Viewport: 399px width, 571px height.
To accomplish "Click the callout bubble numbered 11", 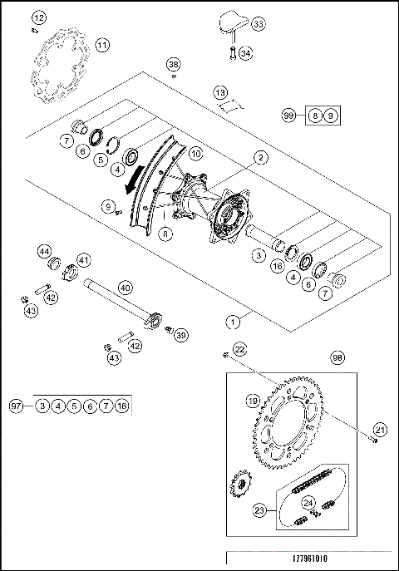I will click(x=101, y=45).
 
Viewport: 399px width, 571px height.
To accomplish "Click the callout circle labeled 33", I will click(x=259, y=26).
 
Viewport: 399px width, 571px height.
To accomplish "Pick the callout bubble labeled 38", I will click(x=173, y=64).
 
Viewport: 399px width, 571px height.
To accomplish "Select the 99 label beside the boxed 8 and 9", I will click(x=289, y=117).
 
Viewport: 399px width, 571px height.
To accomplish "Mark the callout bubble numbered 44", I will click(x=44, y=251).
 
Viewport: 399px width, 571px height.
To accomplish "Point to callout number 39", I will click(x=181, y=334).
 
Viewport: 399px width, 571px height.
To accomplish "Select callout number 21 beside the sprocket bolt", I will click(x=381, y=429).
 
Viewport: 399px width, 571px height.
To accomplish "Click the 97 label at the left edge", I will click(x=15, y=406).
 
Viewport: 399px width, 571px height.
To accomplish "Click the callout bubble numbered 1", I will click(x=235, y=319).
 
